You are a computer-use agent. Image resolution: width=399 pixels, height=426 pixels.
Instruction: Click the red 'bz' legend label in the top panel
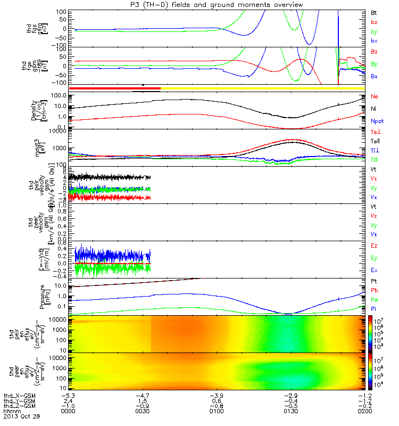375,22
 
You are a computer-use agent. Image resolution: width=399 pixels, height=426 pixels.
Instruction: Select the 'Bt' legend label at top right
375,12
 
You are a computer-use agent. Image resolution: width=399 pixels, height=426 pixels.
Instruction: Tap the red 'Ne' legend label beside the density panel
375,96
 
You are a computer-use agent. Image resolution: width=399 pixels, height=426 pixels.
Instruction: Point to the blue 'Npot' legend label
377,121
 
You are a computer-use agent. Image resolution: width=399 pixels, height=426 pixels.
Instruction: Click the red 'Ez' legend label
375,245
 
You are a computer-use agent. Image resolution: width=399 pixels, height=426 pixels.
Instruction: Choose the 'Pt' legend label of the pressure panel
375,280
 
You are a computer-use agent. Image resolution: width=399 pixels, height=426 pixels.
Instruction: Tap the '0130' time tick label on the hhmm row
291,412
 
